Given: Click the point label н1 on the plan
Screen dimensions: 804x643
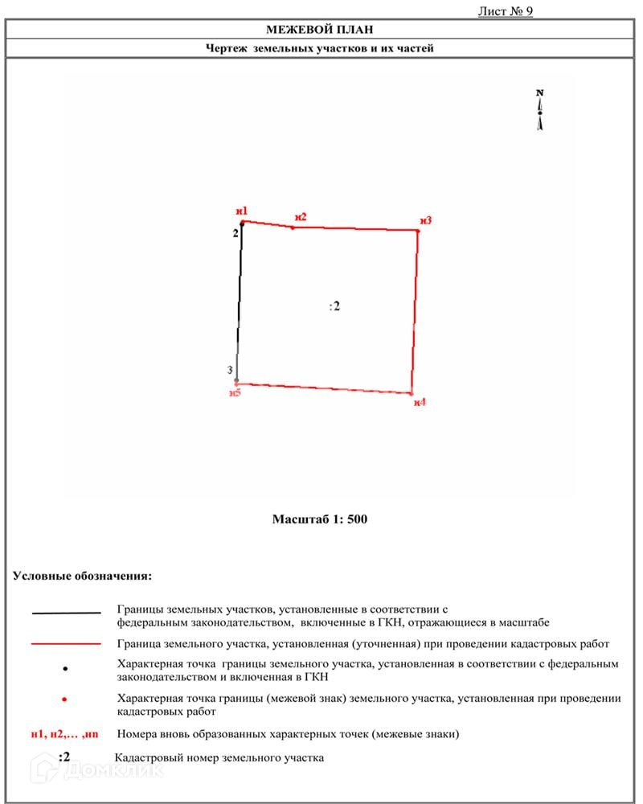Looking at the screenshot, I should click(241, 211).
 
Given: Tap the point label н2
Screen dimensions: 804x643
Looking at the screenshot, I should click(301, 217).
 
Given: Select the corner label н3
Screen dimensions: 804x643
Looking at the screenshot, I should click(425, 220).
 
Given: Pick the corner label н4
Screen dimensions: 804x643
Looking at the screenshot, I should click(420, 402).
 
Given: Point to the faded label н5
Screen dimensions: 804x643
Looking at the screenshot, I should click(235, 393).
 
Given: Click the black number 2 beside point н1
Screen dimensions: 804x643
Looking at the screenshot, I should click(235, 234).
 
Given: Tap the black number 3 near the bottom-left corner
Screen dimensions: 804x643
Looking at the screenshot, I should click(230, 370).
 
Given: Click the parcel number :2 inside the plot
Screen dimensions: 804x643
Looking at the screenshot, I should click(334, 306).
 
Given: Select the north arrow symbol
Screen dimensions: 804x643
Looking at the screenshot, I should click(540, 110).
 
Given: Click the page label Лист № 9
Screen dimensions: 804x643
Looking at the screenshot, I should click(506, 11).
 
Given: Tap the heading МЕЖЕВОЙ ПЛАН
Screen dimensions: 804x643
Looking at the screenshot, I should click(320, 30).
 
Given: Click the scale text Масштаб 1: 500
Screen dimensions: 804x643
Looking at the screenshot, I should click(320, 519).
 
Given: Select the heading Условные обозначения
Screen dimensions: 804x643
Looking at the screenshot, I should click(82, 576).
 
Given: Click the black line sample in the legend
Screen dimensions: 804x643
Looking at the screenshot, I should click(66, 613).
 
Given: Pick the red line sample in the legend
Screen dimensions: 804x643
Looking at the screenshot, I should click(66, 644).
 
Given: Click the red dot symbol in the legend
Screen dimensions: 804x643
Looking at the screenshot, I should click(65, 700).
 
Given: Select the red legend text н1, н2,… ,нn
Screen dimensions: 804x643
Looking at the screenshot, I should click(64, 734).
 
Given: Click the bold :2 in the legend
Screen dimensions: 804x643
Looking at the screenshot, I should click(65, 757).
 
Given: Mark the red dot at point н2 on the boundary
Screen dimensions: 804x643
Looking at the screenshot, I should click(293, 228).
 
